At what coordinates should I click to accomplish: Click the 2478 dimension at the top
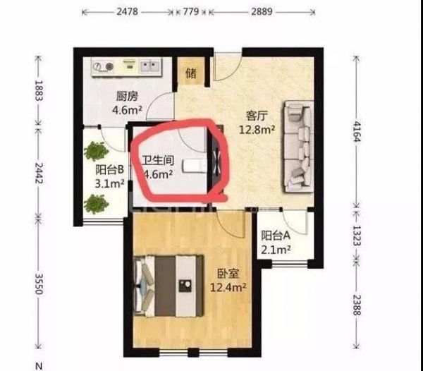tap(128, 12)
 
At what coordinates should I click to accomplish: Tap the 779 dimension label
tap(191, 12)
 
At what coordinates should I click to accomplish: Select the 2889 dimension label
tap(262, 12)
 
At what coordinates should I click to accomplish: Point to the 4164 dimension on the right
tap(357, 131)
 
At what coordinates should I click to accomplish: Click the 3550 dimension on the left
tap(39, 284)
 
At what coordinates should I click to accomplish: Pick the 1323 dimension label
tap(357, 236)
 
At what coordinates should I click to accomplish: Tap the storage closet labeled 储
tap(191, 73)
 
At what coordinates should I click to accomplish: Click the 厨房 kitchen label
tap(127, 97)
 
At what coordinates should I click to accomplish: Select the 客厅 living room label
tap(257, 116)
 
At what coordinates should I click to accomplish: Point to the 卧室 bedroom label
tap(228, 274)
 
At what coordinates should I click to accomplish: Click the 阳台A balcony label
tap(276, 236)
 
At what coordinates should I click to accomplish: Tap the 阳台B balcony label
tap(109, 170)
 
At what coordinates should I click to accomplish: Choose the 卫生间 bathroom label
tap(158, 161)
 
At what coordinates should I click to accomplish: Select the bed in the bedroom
tap(168, 286)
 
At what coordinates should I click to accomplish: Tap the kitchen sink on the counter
tap(149, 66)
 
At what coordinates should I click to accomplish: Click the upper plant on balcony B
tap(97, 152)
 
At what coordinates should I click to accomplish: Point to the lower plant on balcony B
tap(97, 204)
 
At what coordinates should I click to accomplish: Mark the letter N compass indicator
tap(39, 366)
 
